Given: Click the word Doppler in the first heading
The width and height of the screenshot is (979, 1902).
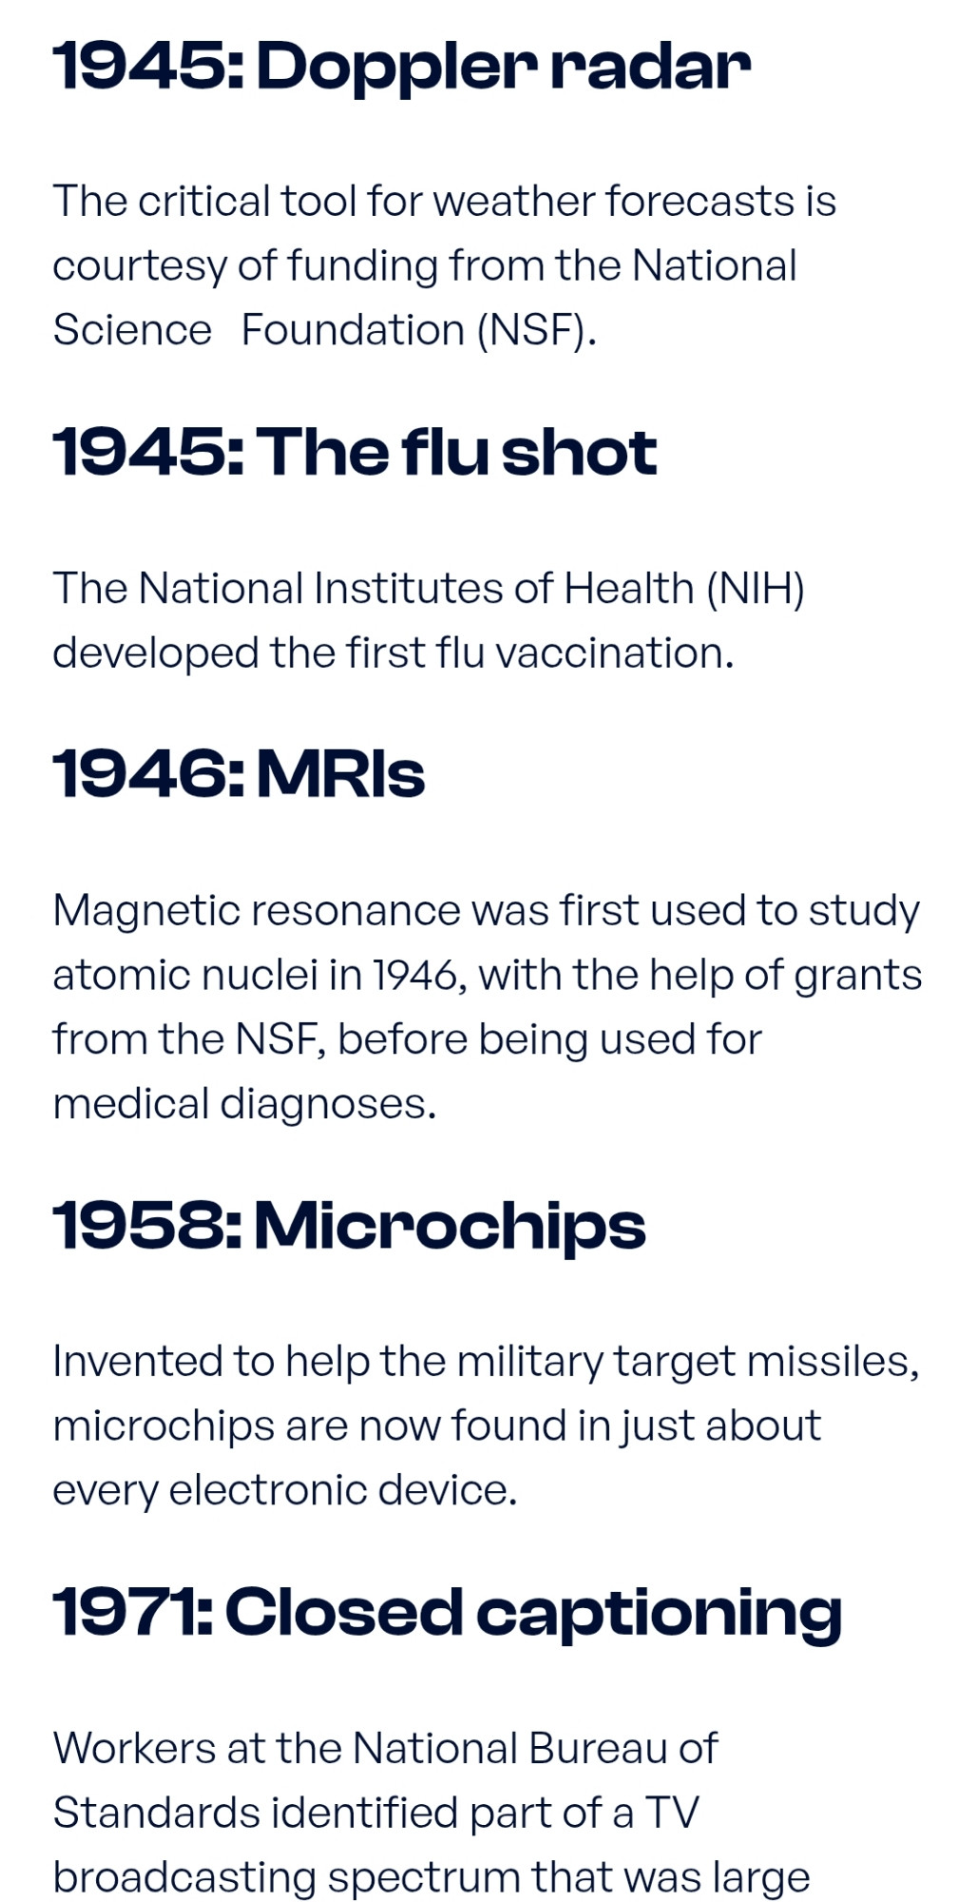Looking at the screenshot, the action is [x=396, y=68].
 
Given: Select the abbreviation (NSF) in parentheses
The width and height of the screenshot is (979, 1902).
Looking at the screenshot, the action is [x=537, y=330].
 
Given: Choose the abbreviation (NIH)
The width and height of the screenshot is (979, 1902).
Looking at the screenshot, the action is [x=756, y=589].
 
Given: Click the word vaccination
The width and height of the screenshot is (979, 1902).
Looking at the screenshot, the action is [x=615, y=653].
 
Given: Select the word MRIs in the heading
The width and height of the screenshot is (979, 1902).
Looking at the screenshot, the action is [x=340, y=773].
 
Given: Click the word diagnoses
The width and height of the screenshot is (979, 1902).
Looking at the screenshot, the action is [x=328, y=1104].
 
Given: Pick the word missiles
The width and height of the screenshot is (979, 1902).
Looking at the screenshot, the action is [x=833, y=1362].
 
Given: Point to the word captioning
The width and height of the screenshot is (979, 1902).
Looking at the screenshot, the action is [x=659, y=1614].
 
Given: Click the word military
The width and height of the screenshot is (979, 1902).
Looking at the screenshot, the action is [x=529, y=1362].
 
